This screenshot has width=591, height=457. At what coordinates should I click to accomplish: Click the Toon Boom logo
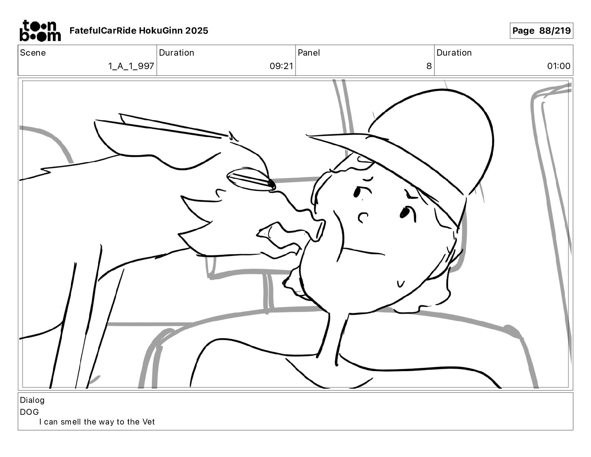pos(40,31)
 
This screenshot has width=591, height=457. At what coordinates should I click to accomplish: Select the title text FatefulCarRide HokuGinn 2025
pos(139,31)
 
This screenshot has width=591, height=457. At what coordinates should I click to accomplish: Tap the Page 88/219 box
pos(541,31)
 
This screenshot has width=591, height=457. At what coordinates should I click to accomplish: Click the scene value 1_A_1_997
pos(131,66)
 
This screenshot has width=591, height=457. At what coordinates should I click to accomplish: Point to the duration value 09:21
pos(281,66)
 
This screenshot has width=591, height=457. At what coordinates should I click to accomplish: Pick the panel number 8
pos(429,66)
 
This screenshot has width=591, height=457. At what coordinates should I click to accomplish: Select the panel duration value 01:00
pos(559,66)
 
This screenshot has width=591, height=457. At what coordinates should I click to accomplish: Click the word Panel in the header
pos(309,53)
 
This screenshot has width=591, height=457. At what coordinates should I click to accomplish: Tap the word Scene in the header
pos(32,53)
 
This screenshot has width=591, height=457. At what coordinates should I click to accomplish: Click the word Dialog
pos(32,400)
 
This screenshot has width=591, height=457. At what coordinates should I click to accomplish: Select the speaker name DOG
pos(29,412)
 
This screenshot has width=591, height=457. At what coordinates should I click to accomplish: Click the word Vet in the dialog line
pos(148,422)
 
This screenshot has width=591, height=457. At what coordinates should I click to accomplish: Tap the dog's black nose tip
pos(271,184)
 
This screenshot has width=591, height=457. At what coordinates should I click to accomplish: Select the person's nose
pos(363,217)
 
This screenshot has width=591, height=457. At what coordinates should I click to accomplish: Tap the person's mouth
pos(364,251)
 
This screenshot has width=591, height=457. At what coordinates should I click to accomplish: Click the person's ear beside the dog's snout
pos(319,230)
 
